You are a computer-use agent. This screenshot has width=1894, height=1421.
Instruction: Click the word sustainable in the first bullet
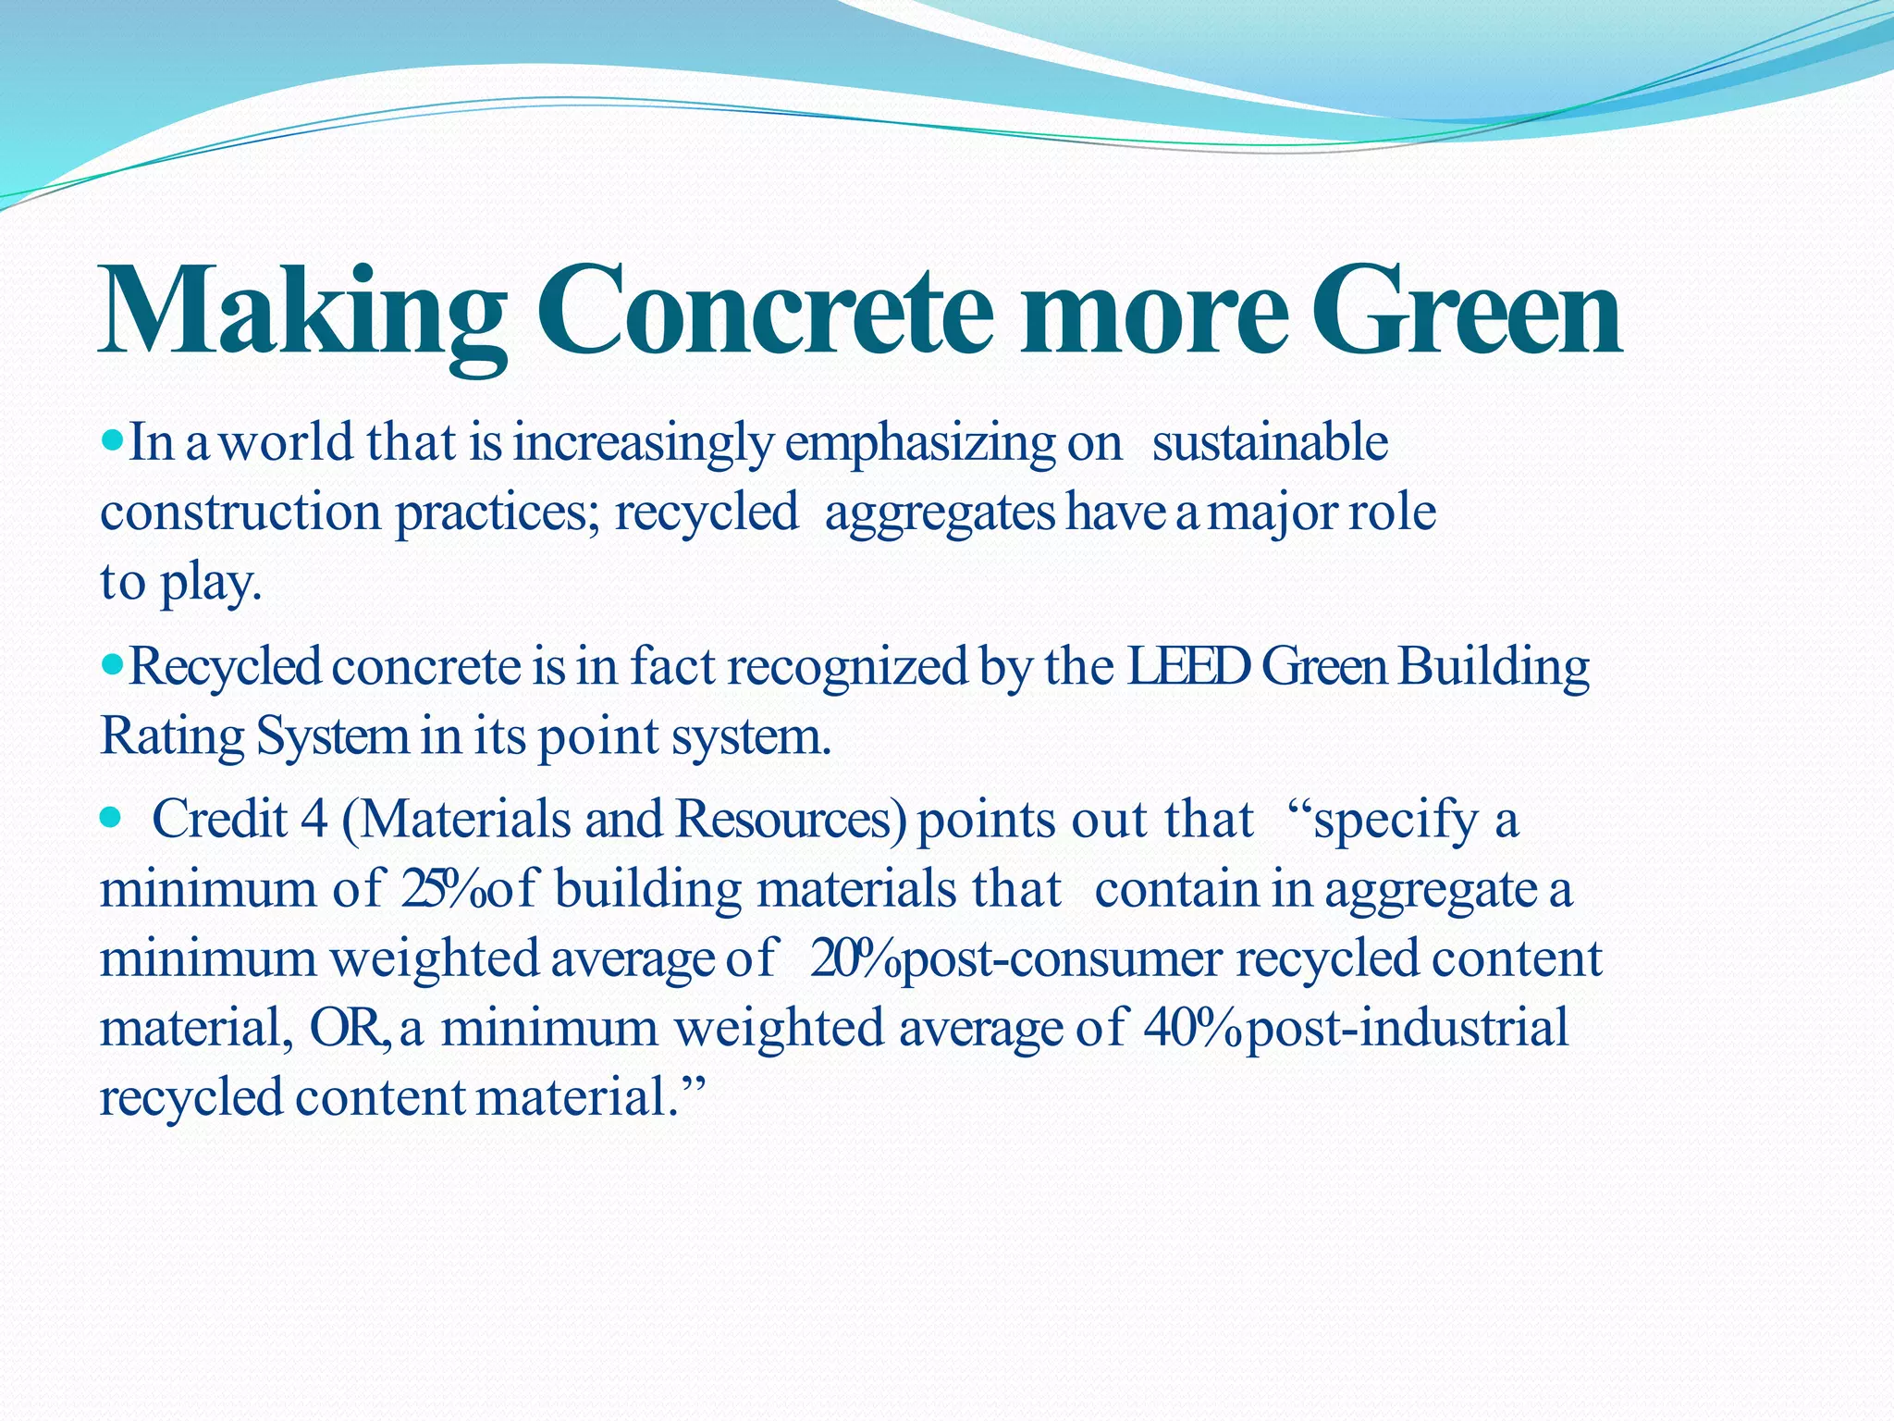point(1269,442)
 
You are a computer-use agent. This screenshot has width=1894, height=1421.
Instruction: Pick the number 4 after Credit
point(314,820)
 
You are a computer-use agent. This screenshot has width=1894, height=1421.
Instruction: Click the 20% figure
point(853,958)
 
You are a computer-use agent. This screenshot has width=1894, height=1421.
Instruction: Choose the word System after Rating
point(331,737)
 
